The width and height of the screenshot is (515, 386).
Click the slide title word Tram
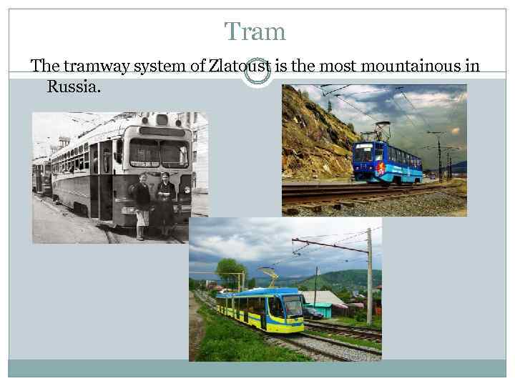click(255, 31)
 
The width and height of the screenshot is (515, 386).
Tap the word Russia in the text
click(74, 86)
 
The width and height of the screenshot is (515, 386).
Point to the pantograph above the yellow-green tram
click(270, 275)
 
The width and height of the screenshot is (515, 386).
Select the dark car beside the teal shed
click(313, 312)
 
